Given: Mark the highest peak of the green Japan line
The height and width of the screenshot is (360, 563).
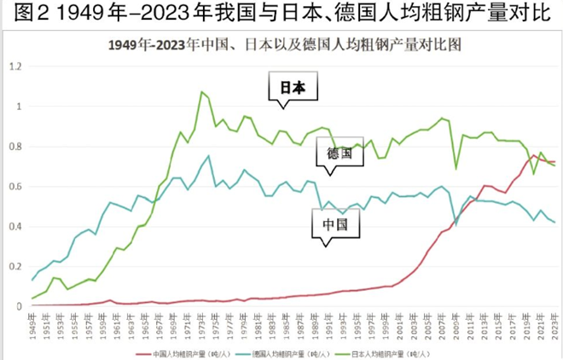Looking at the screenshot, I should pos(201,92).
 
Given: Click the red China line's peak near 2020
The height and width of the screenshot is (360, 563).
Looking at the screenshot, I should pos(534,155).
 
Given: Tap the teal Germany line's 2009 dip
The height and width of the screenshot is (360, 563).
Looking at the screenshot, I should pos(456,224).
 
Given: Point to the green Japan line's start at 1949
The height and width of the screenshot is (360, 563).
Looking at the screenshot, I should pos(32,299).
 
